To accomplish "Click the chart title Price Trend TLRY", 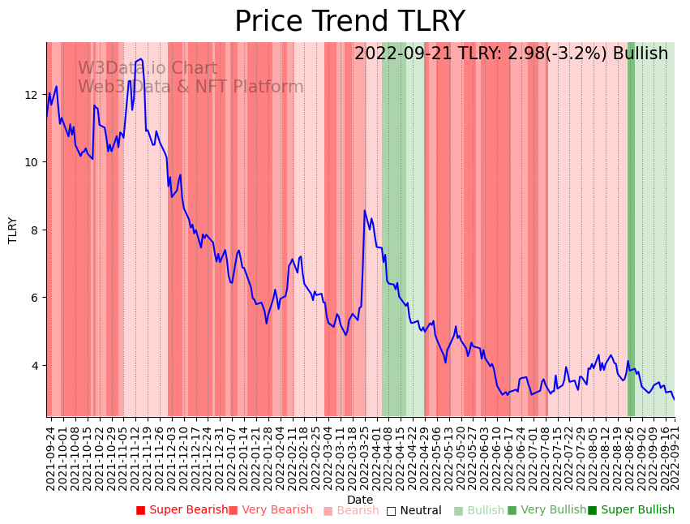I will point(349,22).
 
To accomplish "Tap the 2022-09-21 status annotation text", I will point(511,54).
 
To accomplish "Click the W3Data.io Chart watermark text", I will point(148,69).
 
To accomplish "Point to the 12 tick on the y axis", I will point(32,95).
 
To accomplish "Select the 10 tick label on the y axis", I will point(32,162).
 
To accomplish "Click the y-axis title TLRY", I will point(13,230).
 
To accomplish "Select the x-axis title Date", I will point(360,500).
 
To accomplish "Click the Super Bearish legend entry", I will point(182,510).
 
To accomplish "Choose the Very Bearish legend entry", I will point(270,510).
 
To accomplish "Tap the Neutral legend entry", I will point(414,511).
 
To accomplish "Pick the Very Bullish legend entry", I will point(546,510).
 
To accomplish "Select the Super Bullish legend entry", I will point(631,510).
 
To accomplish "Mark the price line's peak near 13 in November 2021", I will point(142,59).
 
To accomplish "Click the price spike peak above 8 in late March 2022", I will point(365,211).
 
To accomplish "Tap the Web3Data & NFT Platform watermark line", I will point(191,87).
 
